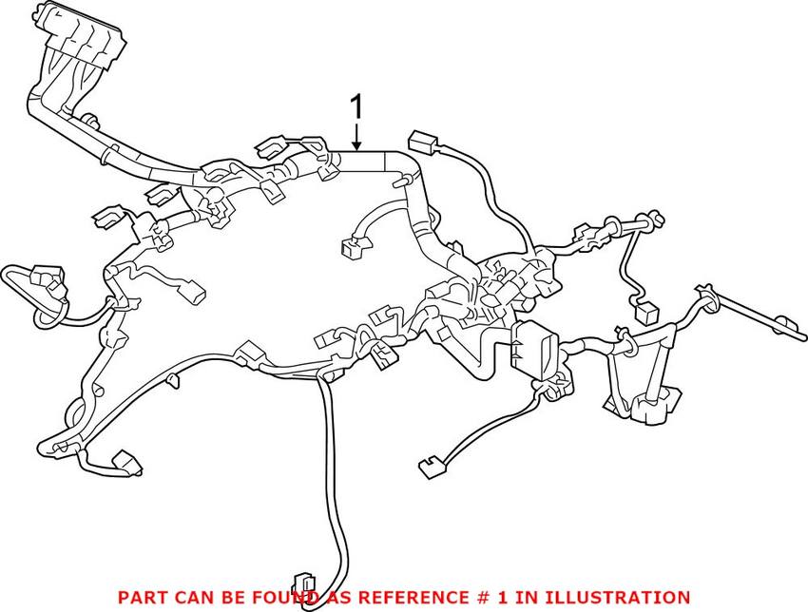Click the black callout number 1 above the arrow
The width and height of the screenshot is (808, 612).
coord(357,106)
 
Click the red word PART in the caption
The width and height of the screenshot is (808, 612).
coord(141,598)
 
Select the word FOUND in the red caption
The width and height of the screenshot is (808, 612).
coord(274,598)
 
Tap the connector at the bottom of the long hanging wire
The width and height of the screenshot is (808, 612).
coord(305,587)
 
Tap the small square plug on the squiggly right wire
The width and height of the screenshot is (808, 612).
coord(647,311)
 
